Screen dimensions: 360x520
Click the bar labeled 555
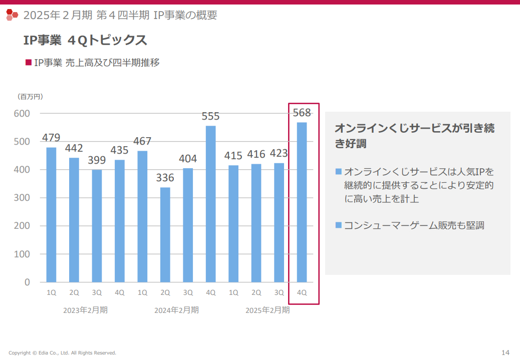pos(211,204)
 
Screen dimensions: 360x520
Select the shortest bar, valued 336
pos(165,234)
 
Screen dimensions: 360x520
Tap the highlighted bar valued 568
pos(302,202)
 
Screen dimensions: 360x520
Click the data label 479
pos(51,137)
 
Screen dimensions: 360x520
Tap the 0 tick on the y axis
pos(27,282)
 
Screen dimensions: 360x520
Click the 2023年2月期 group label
pos(85,310)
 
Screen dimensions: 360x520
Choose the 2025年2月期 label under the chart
pos(268,310)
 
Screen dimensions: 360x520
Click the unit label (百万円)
pos(31,97)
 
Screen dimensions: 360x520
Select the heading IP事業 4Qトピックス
pos(85,40)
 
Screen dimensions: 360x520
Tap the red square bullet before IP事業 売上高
pos(29,63)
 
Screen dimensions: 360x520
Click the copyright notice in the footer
pos(62,352)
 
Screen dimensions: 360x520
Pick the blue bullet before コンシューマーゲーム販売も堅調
pos(339,225)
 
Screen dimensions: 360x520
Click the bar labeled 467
pos(142,216)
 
